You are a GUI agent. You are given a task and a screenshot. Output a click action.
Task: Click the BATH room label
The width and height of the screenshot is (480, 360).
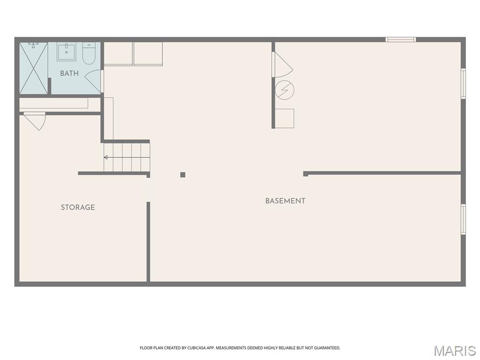tap(69, 73)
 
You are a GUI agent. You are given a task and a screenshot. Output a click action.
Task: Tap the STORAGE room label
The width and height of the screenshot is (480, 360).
tap(78, 207)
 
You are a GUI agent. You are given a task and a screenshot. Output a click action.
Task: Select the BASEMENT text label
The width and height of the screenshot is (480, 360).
tap(285, 201)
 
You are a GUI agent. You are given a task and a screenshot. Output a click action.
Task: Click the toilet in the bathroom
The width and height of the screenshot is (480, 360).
tap(89, 53)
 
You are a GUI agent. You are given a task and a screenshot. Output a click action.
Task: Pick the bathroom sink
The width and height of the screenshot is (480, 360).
tap(67, 52)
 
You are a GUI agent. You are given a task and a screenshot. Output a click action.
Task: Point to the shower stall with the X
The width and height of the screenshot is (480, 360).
tap(34, 68)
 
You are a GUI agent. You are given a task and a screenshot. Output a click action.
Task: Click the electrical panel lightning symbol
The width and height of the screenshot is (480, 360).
tap(285, 90)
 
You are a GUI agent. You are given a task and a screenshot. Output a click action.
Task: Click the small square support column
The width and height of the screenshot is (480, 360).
tap(183, 175)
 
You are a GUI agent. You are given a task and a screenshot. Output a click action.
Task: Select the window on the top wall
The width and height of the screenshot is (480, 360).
tap(400, 39)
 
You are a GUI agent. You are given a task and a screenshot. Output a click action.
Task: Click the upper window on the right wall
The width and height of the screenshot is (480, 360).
tap(463, 83)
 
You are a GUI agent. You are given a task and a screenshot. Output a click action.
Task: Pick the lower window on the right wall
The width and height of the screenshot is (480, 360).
tap(463, 219)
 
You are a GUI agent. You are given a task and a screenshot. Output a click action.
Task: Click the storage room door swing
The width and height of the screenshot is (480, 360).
tap(35, 121)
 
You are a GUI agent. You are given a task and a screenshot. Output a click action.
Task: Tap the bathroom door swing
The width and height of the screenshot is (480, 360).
tap(93, 81)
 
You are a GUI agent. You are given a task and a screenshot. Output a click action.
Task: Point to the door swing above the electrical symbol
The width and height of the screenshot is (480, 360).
tap(282, 64)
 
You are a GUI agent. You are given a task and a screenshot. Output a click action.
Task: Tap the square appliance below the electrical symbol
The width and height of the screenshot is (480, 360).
tap(285, 119)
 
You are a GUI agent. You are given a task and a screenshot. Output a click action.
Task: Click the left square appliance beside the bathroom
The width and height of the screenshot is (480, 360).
tap(118, 54)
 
